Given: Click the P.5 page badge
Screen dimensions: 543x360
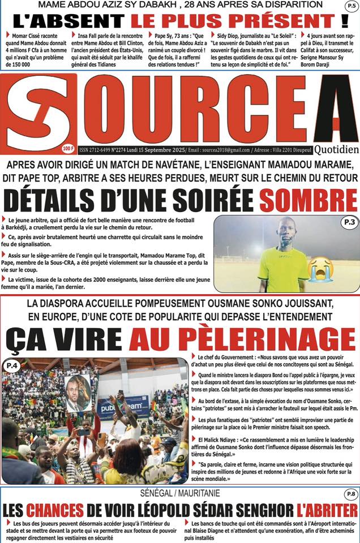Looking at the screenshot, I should point(351,6).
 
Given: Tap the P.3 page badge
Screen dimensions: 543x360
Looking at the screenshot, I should point(349,223).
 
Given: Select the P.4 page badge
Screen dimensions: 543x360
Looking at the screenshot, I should point(11,367).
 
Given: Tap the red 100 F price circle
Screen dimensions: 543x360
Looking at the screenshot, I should point(68,148).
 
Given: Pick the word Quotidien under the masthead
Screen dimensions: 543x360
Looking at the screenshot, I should point(336,150).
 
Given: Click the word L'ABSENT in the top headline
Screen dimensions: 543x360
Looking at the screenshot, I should point(69,21).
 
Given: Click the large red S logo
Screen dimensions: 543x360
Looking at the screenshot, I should point(38,113).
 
